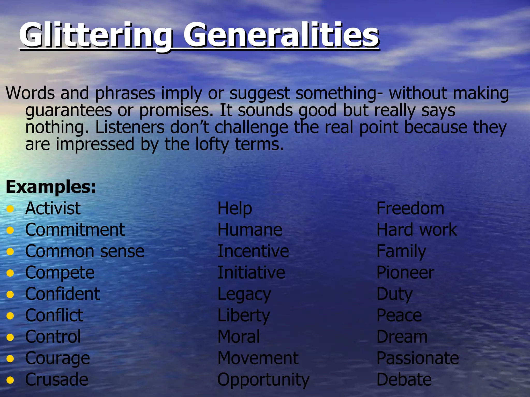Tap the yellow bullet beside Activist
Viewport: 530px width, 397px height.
click(10, 209)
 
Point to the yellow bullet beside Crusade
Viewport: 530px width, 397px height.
click(10, 380)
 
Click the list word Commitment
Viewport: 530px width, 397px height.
click(75, 230)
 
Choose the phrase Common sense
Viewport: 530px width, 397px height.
click(85, 251)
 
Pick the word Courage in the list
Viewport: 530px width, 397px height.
click(57, 358)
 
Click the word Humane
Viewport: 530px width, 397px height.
click(250, 230)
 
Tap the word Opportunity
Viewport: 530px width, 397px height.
click(263, 380)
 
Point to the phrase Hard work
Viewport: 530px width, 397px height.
click(417, 230)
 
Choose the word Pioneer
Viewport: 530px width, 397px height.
click(405, 273)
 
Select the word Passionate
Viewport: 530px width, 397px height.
click(417, 358)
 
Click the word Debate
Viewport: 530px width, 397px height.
click(404, 380)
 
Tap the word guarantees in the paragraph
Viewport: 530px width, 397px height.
click(69, 111)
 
